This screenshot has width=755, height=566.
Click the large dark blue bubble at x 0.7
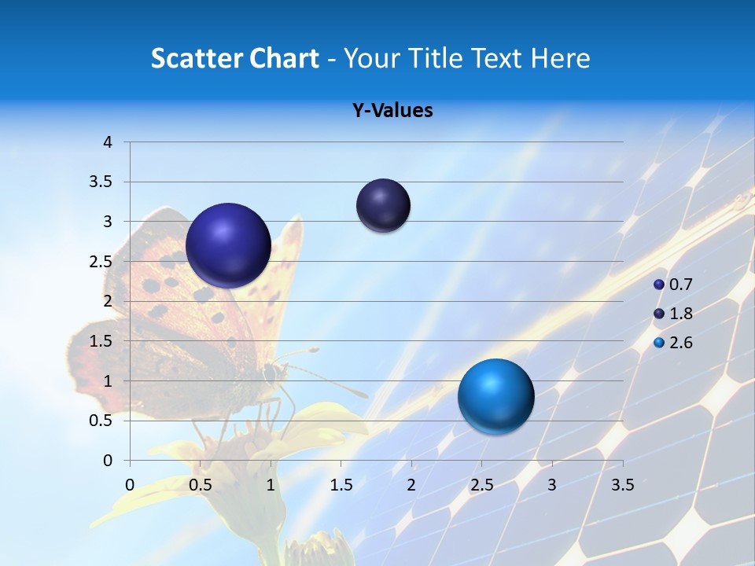pyautogui.click(x=228, y=245)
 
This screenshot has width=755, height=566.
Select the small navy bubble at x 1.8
pyautogui.click(x=383, y=206)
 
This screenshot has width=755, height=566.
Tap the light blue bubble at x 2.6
pyautogui.click(x=495, y=396)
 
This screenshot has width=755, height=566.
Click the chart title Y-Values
pyautogui.click(x=392, y=111)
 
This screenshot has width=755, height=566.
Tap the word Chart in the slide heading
pyautogui.click(x=284, y=58)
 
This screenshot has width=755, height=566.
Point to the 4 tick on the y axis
pyautogui.click(x=109, y=142)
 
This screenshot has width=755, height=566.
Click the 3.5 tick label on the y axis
pyautogui.click(x=101, y=182)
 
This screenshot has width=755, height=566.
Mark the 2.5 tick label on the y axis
pyautogui.click(x=101, y=262)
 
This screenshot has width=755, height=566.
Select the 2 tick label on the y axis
pyautogui.click(x=109, y=301)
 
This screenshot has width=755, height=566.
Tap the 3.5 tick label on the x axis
pyautogui.click(x=622, y=485)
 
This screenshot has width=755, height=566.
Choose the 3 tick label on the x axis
pyautogui.click(x=552, y=485)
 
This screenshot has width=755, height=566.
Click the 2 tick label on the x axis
pyautogui.click(x=411, y=485)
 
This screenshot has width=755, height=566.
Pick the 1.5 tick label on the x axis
pyautogui.click(x=341, y=485)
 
